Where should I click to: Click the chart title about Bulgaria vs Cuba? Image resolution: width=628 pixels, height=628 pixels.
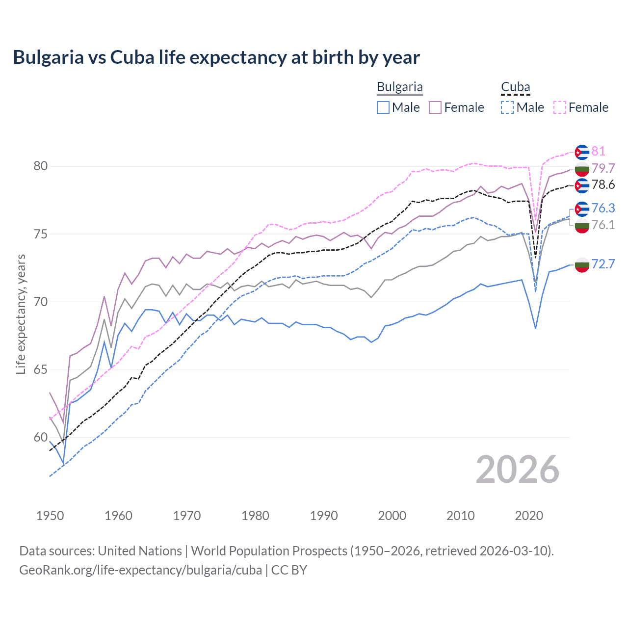[x=216, y=57]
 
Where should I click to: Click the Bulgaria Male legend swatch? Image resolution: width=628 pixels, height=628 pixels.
[x=383, y=107]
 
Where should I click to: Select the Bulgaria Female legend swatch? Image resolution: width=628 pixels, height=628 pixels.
[x=435, y=107]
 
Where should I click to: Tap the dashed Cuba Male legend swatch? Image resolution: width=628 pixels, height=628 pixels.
[x=507, y=107]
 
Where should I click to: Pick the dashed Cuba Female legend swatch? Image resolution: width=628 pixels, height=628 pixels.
[x=560, y=107]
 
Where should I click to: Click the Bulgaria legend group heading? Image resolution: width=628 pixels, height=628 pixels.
[x=399, y=87]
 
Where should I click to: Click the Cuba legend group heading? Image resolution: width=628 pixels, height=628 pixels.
[x=515, y=87]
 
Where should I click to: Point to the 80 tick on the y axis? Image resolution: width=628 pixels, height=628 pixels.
[x=41, y=166]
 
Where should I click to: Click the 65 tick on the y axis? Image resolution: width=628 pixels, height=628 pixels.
[x=41, y=369]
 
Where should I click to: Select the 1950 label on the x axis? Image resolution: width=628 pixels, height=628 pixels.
[x=50, y=516]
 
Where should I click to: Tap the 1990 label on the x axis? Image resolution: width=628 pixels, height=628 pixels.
[x=324, y=516]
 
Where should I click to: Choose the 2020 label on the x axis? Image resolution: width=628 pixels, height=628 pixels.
[x=529, y=516]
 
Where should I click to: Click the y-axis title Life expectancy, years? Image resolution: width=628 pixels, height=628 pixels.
[x=21, y=314]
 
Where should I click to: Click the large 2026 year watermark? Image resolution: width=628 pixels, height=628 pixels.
[x=517, y=470]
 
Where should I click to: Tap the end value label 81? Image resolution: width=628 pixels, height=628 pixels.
[x=598, y=151]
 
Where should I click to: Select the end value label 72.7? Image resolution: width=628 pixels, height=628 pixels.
[x=603, y=264]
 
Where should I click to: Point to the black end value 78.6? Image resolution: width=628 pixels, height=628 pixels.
[x=603, y=185]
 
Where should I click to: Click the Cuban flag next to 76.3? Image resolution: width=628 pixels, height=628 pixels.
[x=582, y=209]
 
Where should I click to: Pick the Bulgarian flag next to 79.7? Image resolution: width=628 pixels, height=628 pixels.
[x=582, y=169]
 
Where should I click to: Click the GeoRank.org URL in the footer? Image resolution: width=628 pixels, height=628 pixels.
[x=140, y=570]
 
